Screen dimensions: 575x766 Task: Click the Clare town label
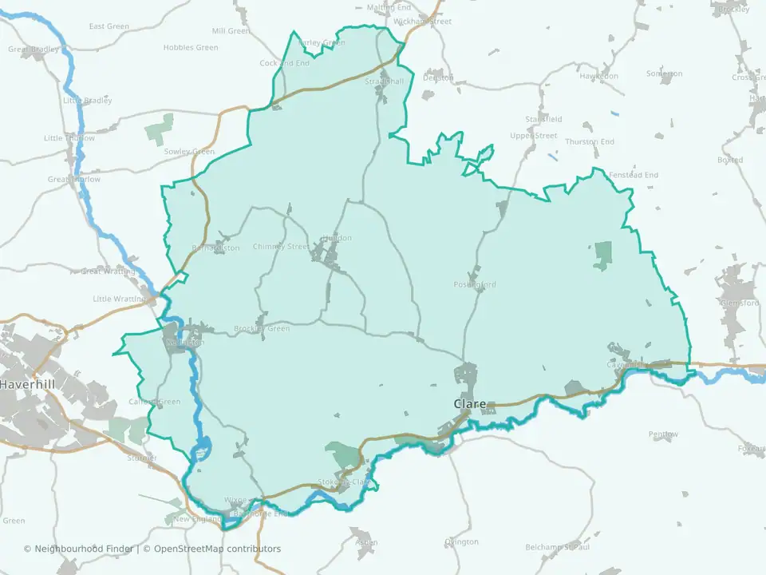pyautogui.click(x=470, y=404)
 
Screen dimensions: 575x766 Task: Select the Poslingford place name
pyautogui.click(x=475, y=285)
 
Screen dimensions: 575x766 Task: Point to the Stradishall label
pyautogui.click(x=385, y=81)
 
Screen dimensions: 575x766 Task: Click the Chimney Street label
pyautogui.click(x=280, y=247)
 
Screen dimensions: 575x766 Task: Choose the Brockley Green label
pyautogui.click(x=262, y=329)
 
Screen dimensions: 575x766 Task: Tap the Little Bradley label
pyautogui.click(x=88, y=101)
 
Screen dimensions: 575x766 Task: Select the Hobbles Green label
pyautogui.click(x=190, y=48)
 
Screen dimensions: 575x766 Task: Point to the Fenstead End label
pyautogui.click(x=634, y=175)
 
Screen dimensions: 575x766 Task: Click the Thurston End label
pyautogui.click(x=590, y=142)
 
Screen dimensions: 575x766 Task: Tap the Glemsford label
pyautogui.click(x=739, y=303)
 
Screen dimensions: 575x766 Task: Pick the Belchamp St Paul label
pyautogui.click(x=557, y=547)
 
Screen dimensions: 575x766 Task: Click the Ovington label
pyautogui.click(x=461, y=541)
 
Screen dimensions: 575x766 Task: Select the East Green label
pyautogui.click(x=109, y=26)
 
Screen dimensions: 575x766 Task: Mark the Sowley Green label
pyautogui.click(x=189, y=152)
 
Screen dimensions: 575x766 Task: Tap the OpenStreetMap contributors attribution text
pyautogui.click(x=217, y=549)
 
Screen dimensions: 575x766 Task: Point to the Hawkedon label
pyautogui.click(x=599, y=76)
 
